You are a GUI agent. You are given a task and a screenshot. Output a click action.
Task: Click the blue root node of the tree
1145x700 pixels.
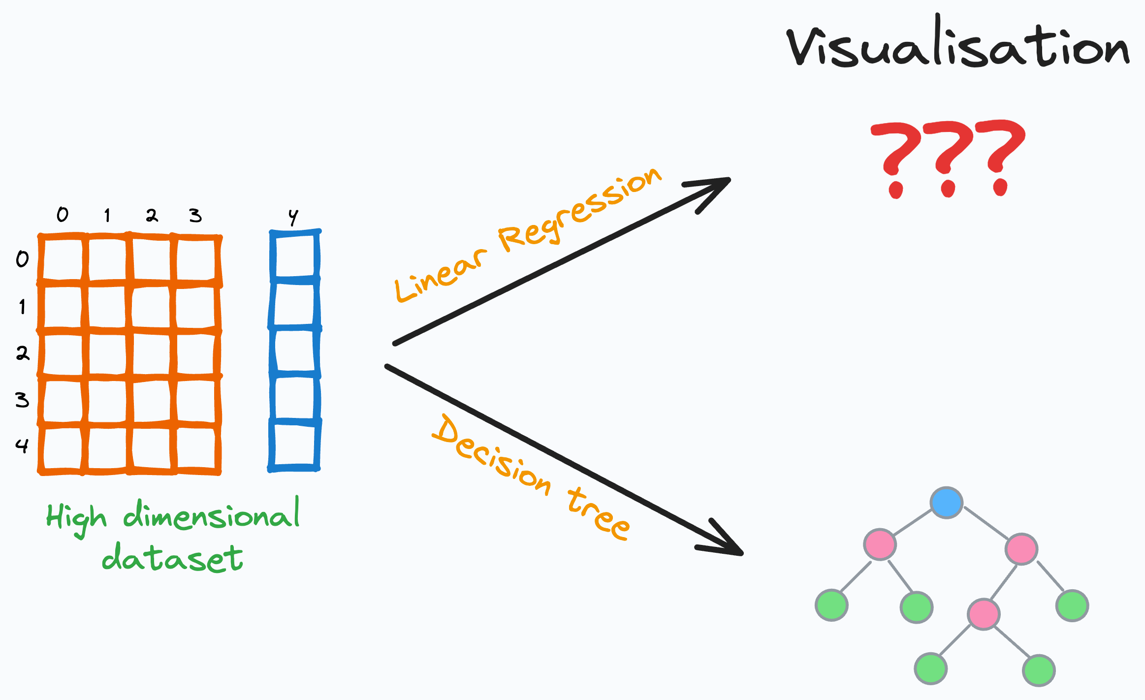pyautogui.click(x=946, y=503)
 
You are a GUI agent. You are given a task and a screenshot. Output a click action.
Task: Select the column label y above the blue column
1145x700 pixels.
pyautogui.click(x=293, y=217)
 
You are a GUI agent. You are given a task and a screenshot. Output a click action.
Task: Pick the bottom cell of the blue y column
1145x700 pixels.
pyautogui.click(x=294, y=445)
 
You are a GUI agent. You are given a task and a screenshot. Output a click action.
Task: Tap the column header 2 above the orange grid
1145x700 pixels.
pyautogui.click(x=152, y=216)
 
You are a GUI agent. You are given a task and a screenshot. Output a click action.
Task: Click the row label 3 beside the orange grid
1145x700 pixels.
pyautogui.click(x=22, y=400)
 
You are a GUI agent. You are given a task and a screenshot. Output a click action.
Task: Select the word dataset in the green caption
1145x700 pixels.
pyautogui.click(x=172, y=559)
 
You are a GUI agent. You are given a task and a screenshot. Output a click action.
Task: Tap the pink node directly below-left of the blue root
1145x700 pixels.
pyautogui.click(x=880, y=544)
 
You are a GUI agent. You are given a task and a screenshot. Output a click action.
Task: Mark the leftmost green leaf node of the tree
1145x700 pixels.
pyautogui.click(x=831, y=605)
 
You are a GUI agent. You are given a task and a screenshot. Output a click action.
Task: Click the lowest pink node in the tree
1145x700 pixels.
pyautogui.click(x=983, y=614)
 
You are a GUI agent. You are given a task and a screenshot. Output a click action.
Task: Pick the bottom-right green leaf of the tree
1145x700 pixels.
pyautogui.click(x=1038, y=670)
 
